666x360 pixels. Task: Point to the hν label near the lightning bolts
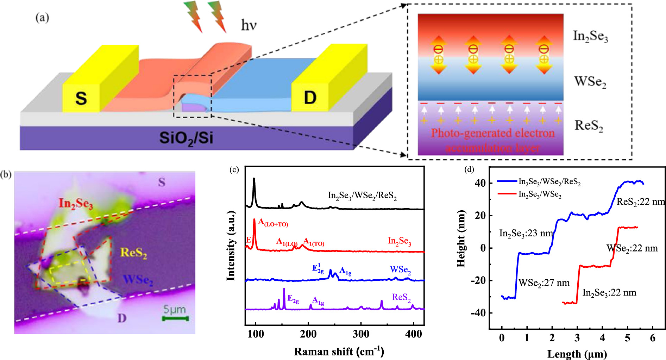tap(249, 25)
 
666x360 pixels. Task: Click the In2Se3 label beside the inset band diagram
tap(590, 36)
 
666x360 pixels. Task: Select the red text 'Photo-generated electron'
tap(493, 133)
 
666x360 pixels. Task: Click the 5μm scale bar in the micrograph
tap(175, 318)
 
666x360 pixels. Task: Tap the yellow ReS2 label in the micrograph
tap(134, 253)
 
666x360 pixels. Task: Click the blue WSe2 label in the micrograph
tap(138, 280)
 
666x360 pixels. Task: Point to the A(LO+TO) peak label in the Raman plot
tap(273, 222)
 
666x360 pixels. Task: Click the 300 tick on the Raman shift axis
tap(361, 334)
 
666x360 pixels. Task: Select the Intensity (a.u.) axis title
tap(231, 246)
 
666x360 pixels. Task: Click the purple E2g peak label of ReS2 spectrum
tap(293, 299)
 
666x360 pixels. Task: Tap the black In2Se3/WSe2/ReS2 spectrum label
tap(362, 196)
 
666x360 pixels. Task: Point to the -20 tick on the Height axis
tap(478, 280)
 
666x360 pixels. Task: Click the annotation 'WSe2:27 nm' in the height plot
tap(544, 283)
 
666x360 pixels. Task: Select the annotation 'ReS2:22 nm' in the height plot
tap(640, 202)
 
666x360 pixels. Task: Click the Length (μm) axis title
tap(577, 354)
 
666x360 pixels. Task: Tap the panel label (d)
tap(470, 169)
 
